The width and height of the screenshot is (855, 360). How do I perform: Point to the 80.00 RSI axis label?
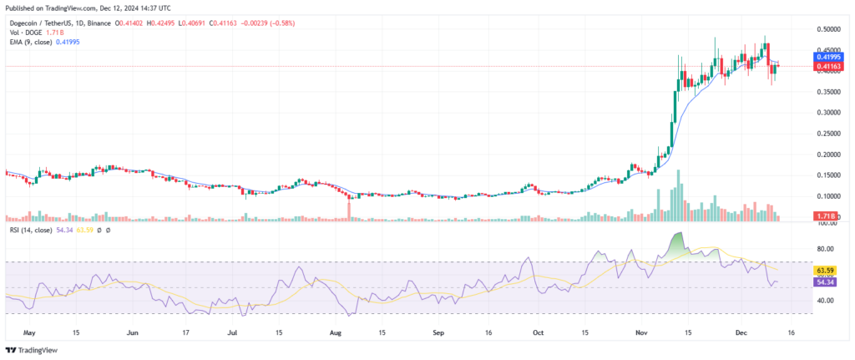(827, 249)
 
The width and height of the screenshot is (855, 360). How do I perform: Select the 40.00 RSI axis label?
(827, 300)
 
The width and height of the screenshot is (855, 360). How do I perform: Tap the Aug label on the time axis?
(335, 331)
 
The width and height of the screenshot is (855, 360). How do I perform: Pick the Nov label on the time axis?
(640, 331)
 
